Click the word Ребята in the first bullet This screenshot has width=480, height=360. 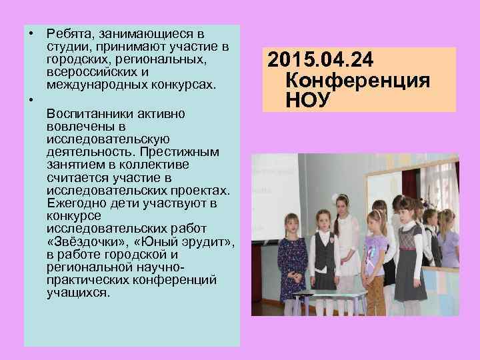tap(69, 33)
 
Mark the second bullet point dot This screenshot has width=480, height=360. tap(31, 100)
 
